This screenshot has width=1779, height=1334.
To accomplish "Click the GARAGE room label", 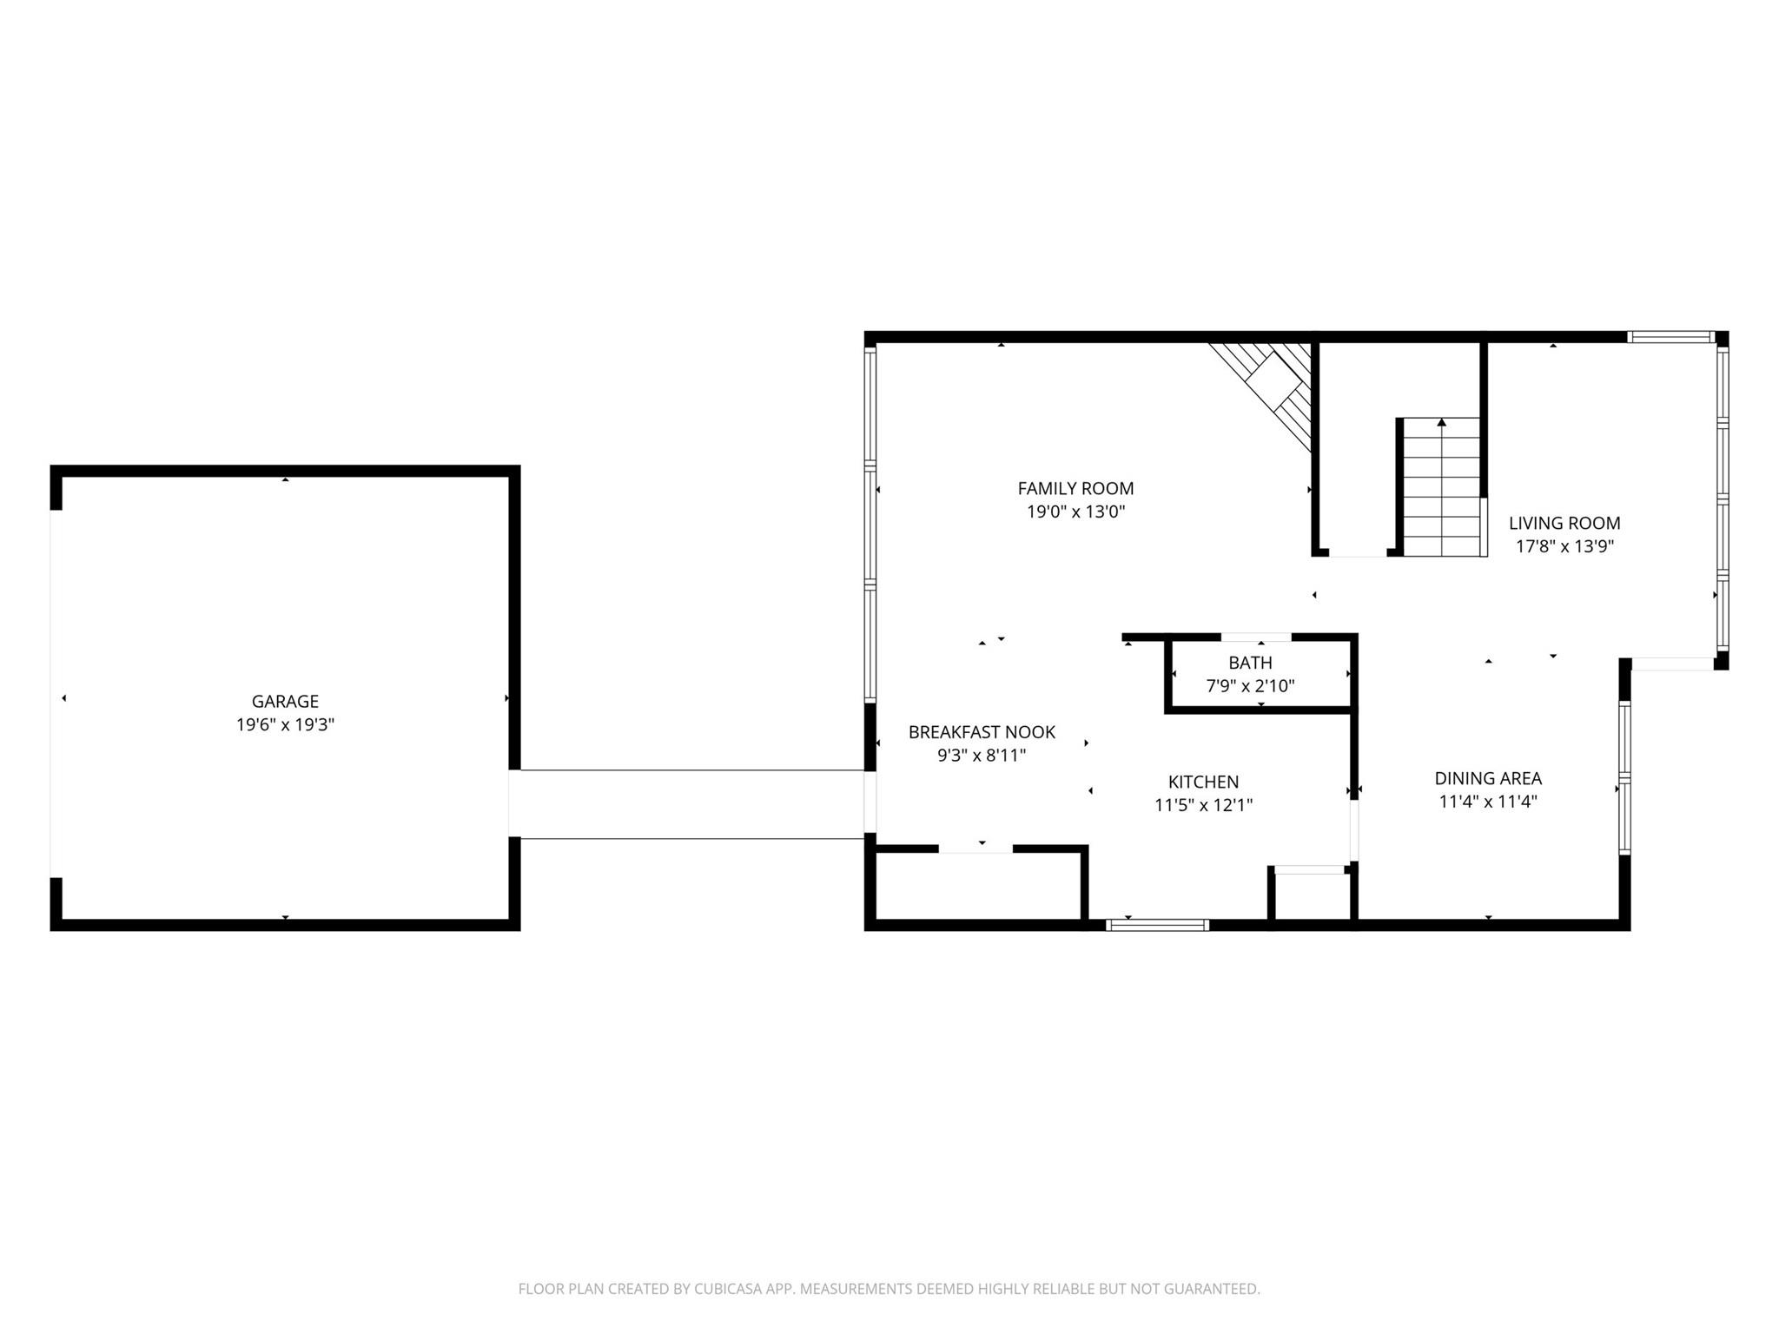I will click(x=285, y=701).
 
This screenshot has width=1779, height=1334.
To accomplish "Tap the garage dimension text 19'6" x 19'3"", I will click(x=285, y=724).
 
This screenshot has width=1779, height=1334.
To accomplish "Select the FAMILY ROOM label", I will click(x=1075, y=488).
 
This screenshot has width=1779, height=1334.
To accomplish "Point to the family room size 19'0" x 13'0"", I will click(x=1075, y=512).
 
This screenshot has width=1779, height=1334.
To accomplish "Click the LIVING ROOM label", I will click(x=1564, y=523).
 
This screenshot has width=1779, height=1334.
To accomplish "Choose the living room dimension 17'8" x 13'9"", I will click(x=1564, y=546).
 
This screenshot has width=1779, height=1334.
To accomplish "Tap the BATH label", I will click(x=1250, y=663).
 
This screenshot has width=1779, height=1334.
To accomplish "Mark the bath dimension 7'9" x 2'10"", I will click(x=1250, y=686).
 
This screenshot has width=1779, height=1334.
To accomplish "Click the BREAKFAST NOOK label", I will click(x=982, y=732).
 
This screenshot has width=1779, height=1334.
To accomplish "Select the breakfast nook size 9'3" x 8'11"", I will click(x=982, y=756).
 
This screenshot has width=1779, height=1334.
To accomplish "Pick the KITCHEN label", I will click(x=1203, y=782).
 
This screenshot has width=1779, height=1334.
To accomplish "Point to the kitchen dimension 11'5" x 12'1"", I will click(x=1203, y=805).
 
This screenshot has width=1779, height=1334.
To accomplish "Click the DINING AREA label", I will click(x=1487, y=778).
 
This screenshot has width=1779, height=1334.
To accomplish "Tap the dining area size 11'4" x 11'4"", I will click(x=1487, y=802).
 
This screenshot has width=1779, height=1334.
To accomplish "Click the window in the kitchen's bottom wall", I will click(x=1157, y=925).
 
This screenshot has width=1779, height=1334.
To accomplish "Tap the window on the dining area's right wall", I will click(x=1624, y=778).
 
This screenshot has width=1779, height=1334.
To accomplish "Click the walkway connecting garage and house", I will click(x=691, y=804).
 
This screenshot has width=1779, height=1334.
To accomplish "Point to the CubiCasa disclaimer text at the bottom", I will click(x=889, y=1289).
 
